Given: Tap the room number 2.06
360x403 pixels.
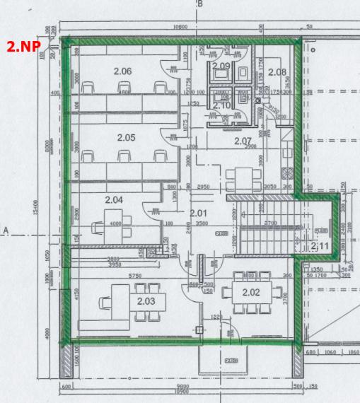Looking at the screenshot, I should [123, 71].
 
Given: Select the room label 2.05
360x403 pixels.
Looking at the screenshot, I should [126, 137].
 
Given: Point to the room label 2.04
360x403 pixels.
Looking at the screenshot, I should [114, 200].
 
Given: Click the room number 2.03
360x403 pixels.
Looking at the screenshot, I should [146, 300].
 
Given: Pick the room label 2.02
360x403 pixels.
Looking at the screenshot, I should [252, 292].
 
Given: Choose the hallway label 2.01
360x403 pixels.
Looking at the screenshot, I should [199, 212].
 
